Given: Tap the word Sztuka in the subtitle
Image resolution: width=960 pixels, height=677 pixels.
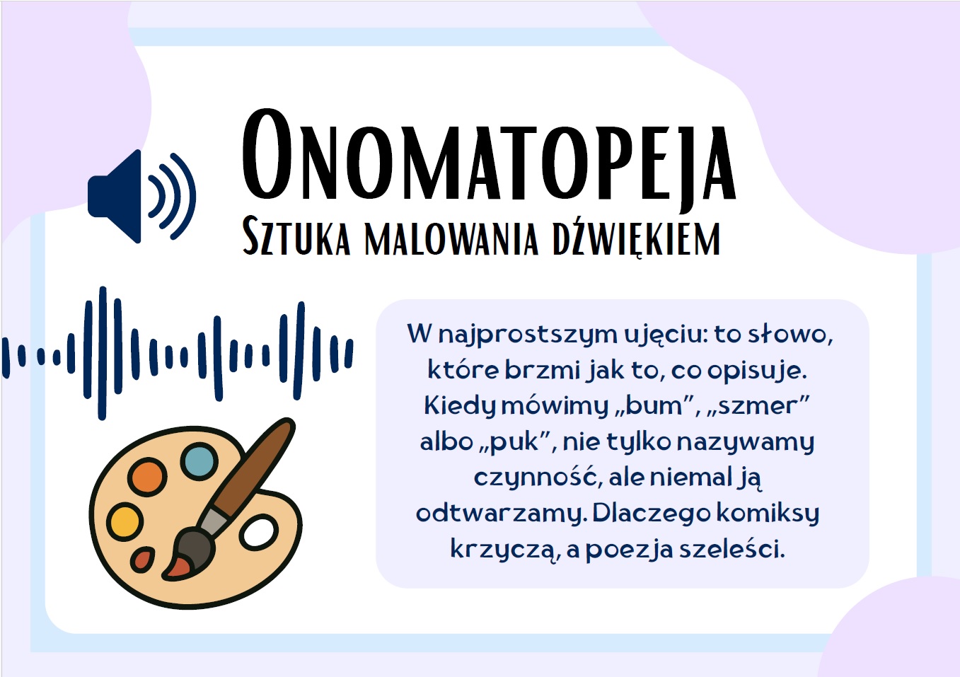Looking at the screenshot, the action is coord(296,236).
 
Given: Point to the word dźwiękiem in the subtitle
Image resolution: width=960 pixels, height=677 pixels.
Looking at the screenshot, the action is coord(637,238).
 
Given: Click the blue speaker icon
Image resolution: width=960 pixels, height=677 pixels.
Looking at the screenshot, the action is coord(141,197).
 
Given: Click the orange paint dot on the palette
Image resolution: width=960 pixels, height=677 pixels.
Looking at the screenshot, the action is coord(147,477).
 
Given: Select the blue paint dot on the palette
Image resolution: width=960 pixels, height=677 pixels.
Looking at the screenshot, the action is coord(199,461).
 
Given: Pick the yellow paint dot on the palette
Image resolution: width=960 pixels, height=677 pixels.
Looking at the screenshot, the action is coord(125,522).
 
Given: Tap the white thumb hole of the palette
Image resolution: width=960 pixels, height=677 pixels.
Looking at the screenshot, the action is coord(258,533).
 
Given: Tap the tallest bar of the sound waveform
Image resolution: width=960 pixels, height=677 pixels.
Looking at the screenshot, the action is coord(102,353).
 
